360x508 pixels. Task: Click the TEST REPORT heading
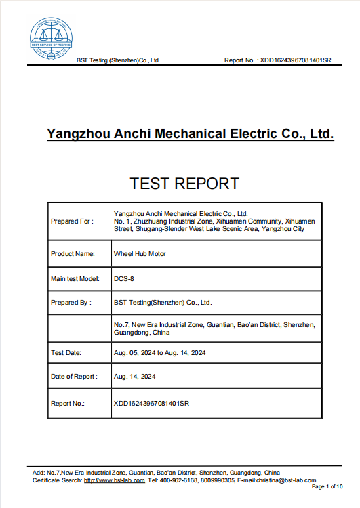click(x=184, y=183)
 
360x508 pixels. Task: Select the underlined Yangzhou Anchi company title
click(x=191, y=133)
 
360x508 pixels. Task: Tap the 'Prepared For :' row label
click(x=72, y=221)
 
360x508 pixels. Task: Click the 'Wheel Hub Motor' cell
click(x=140, y=254)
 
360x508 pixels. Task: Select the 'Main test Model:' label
click(x=75, y=278)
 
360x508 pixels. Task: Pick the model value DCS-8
click(x=124, y=278)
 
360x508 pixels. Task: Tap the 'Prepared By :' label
click(x=71, y=303)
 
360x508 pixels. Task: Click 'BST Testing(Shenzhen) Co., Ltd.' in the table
click(x=163, y=303)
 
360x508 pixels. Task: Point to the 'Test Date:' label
click(x=66, y=353)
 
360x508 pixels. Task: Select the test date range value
click(x=160, y=353)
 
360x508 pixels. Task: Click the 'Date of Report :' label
click(x=74, y=377)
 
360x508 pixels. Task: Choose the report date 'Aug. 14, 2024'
click(x=135, y=377)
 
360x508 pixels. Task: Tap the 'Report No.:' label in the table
click(x=68, y=404)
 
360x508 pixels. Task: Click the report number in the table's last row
click(x=152, y=404)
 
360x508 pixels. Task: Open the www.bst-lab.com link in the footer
click(x=115, y=480)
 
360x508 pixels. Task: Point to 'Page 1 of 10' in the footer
click(x=327, y=487)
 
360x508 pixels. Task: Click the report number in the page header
click(x=296, y=60)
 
